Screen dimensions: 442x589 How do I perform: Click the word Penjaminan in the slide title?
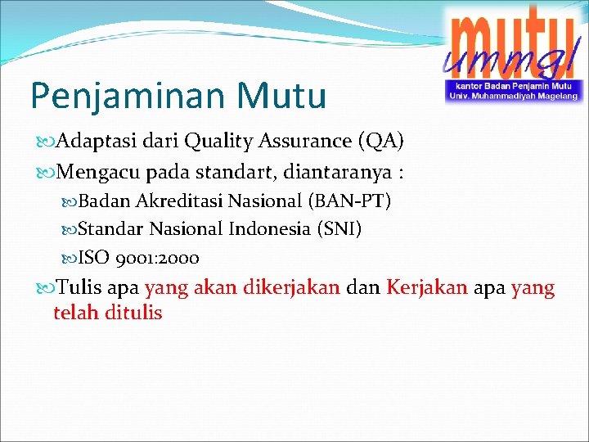click(122, 95)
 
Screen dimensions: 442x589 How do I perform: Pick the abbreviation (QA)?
click(380, 142)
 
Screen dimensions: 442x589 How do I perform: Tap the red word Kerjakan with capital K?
click(426, 288)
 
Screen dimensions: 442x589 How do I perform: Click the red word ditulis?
click(132, 313)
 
